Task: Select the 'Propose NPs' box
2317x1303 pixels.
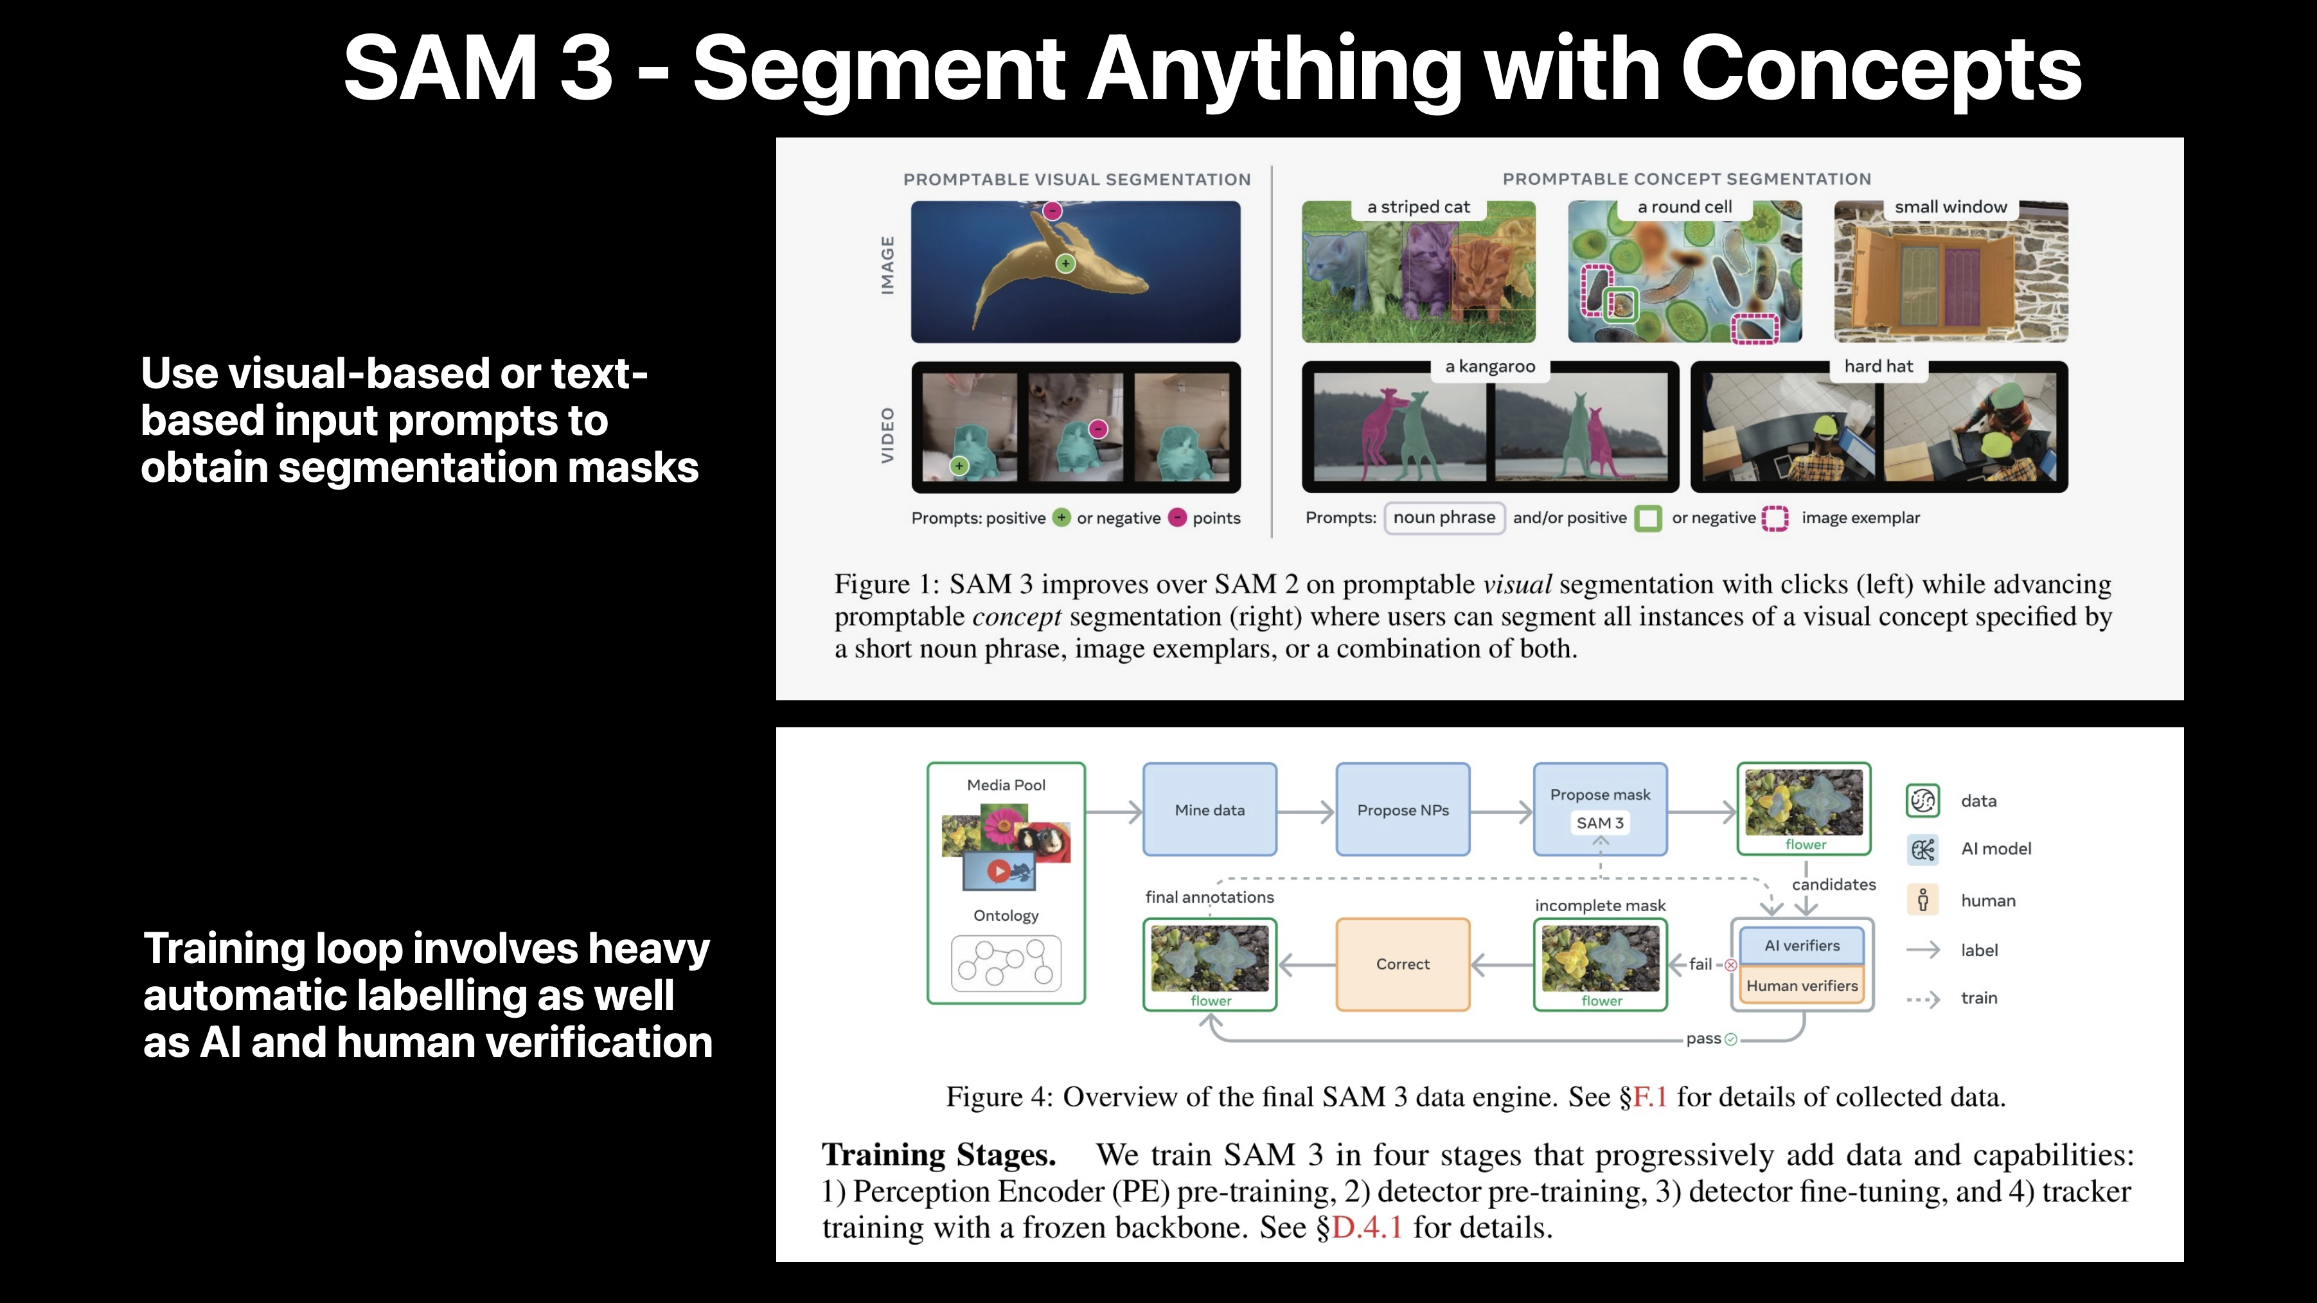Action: [1402, 810]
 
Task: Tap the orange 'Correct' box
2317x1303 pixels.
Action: [1402, 964]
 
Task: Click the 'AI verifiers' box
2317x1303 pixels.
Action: [1802, 945]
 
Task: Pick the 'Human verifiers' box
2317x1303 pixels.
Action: [1802, 986]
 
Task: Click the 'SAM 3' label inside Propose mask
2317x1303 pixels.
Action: [1599, 823]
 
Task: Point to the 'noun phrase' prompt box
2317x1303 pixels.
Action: [1444, 518]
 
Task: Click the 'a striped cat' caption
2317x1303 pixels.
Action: [1419, 207]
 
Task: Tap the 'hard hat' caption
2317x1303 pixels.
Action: [1878, 366]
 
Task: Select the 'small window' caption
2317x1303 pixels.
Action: [1950, 207]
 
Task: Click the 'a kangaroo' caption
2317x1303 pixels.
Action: [1489, 366]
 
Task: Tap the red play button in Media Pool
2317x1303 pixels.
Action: [997, 871]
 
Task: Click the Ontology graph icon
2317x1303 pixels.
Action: [1006, 963]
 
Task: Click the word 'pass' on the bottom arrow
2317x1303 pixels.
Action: [1703, 1039]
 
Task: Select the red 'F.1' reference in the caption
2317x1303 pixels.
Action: [1649, 1097]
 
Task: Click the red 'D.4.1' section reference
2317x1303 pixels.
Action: [1366, 1227]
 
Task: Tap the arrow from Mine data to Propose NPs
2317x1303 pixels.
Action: [1305, 812]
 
